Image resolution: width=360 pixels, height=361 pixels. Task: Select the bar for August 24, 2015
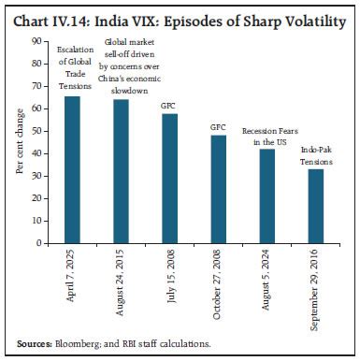[121, 171]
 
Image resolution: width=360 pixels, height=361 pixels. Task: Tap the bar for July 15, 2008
[169, 179]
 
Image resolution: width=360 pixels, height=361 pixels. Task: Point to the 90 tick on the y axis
[37, 41]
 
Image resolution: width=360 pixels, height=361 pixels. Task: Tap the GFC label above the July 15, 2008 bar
[169, 106]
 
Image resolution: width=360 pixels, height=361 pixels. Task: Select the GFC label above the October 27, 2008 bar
[218, 125]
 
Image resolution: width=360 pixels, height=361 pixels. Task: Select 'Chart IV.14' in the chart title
[47, 12]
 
